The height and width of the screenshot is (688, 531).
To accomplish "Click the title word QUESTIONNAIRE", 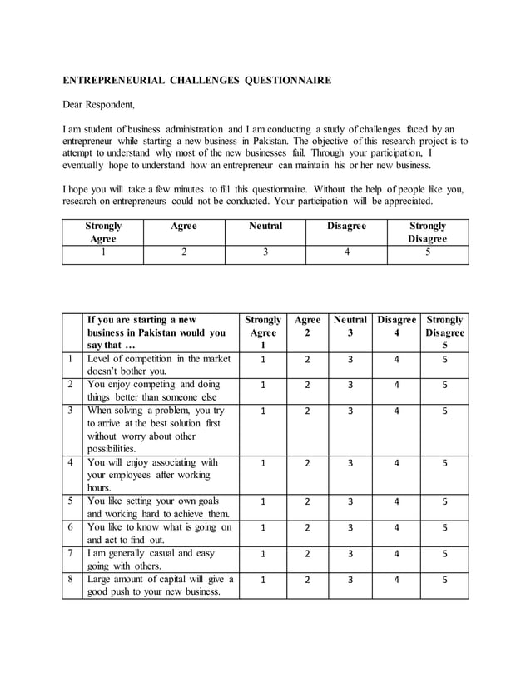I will (x=287, y=81).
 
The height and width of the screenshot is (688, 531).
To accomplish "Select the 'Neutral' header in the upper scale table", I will (x=265, y=226).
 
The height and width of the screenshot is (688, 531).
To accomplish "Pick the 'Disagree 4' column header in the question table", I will (x=396, y=327).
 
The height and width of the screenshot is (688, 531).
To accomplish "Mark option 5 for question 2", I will (x=444, y=386).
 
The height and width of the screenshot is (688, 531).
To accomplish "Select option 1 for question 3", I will (x=263, y=411).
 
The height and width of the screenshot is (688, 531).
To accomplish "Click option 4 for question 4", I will (x=396, y=463).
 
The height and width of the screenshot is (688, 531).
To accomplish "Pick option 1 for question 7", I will (x=263, y=553).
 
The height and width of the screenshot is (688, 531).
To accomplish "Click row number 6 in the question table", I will (x=72, y=527).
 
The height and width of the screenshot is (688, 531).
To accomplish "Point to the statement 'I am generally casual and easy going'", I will (x=151, y=559).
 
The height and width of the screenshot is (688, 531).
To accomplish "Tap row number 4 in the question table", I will (x=72, y=462).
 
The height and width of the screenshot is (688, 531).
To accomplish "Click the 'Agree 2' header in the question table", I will (x=306, y=327).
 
